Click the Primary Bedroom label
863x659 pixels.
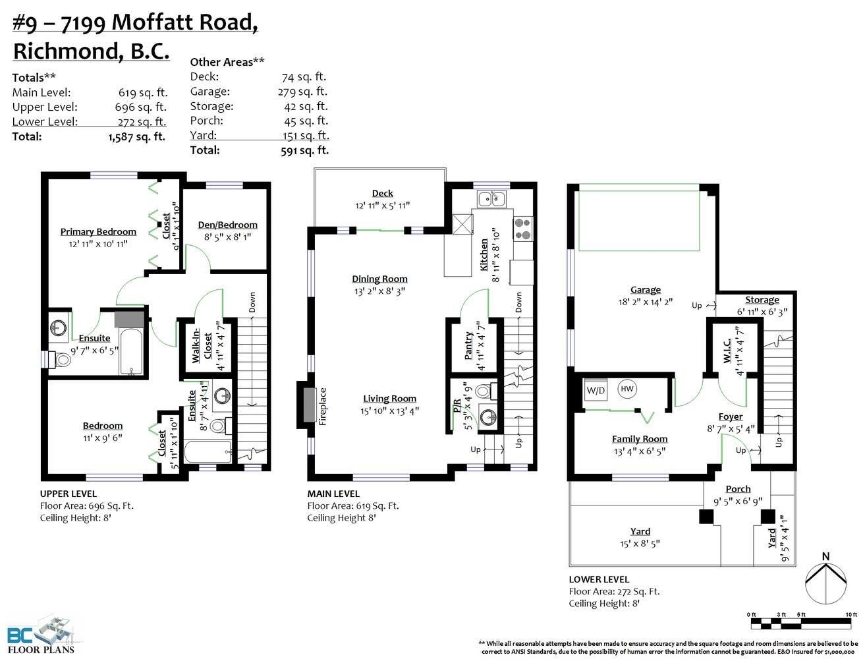point(98,231)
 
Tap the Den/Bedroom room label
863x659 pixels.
point(228,225)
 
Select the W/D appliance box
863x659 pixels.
point(596,390)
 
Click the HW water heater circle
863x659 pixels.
point(627,389)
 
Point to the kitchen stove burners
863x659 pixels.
point(523,229)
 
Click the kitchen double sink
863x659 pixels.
point(492,198)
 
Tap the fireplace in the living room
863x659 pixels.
point(310,405)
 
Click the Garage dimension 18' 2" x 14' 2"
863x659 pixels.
point(646,302)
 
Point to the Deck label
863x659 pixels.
point(383,193)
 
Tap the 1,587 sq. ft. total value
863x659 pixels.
point(137,137)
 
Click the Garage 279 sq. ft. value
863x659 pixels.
point(303,92)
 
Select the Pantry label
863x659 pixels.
point(468,345)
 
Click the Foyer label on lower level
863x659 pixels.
point(731,416)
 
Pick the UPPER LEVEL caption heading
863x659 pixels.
point(69,494)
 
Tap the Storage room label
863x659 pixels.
point(762,300)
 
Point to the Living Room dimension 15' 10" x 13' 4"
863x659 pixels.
point(389,411)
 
